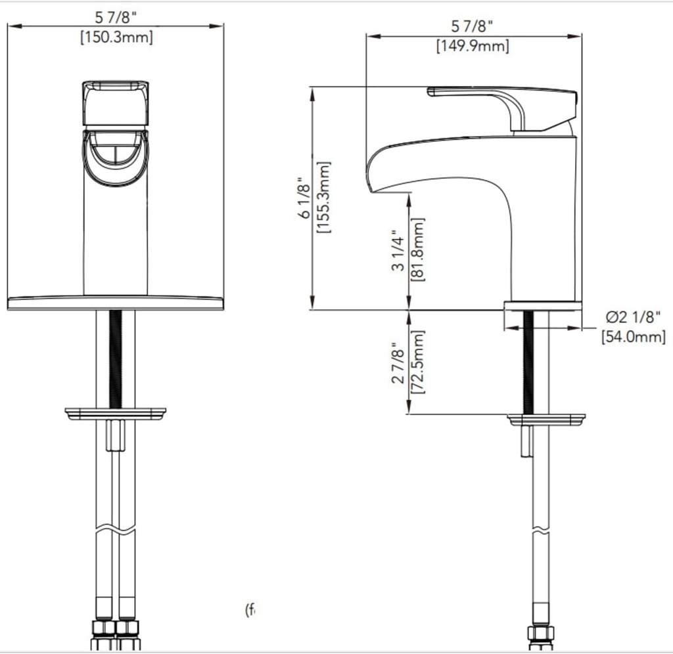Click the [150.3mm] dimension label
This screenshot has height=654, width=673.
pos(116,37)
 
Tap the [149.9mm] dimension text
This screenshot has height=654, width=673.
pos(473,47)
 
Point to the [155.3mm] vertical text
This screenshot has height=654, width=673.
pos(323,198)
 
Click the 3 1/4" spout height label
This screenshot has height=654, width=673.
pos(398,250)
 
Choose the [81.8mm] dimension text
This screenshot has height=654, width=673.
pos(417,250)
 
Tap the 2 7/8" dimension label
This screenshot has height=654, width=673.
pos(398,362)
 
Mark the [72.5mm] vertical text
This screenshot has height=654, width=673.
pos(417,362)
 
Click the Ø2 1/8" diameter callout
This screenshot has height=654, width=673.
pos(634,318)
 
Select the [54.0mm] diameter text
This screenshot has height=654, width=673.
pos(634,337)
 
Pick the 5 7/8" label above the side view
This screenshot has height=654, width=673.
pos(473,27)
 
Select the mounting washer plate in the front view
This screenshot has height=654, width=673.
pos(115,414)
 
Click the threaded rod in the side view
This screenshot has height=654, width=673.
pos(528,361)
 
